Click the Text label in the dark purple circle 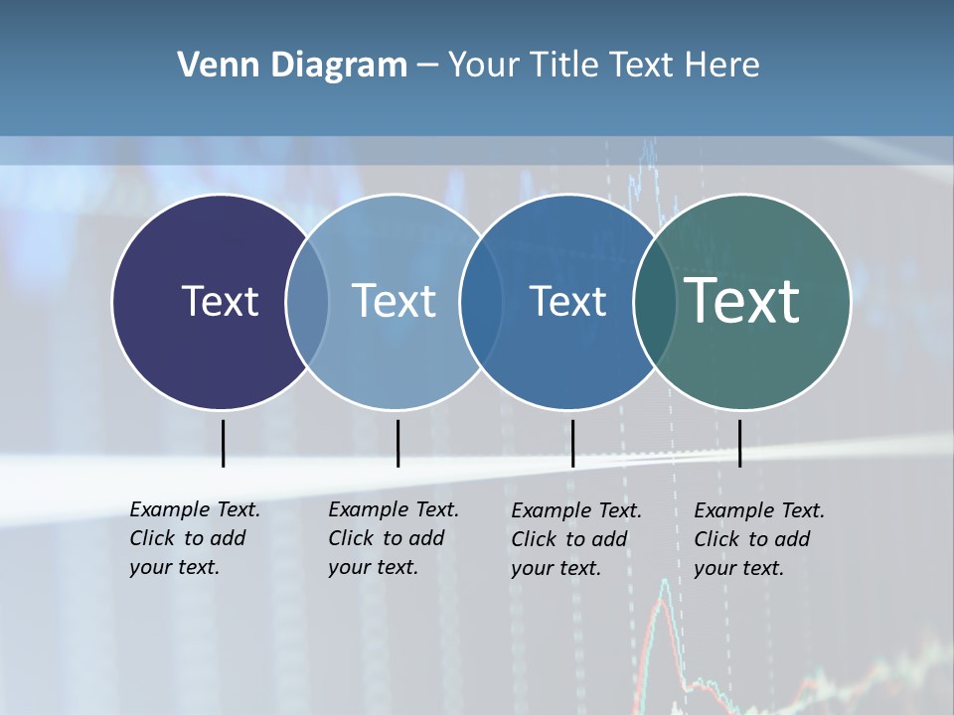[220, 301]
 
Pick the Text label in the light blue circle [395, 301]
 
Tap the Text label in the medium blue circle [567, 301]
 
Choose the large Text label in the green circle [742, 301]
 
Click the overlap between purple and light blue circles [307, 301]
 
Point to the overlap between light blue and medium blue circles [481, 301]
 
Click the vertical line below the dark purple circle [223, 443]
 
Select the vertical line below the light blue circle [397, 443]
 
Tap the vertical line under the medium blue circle [572, 443]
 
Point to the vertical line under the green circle [739, 443]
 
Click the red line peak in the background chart [664, 586]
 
